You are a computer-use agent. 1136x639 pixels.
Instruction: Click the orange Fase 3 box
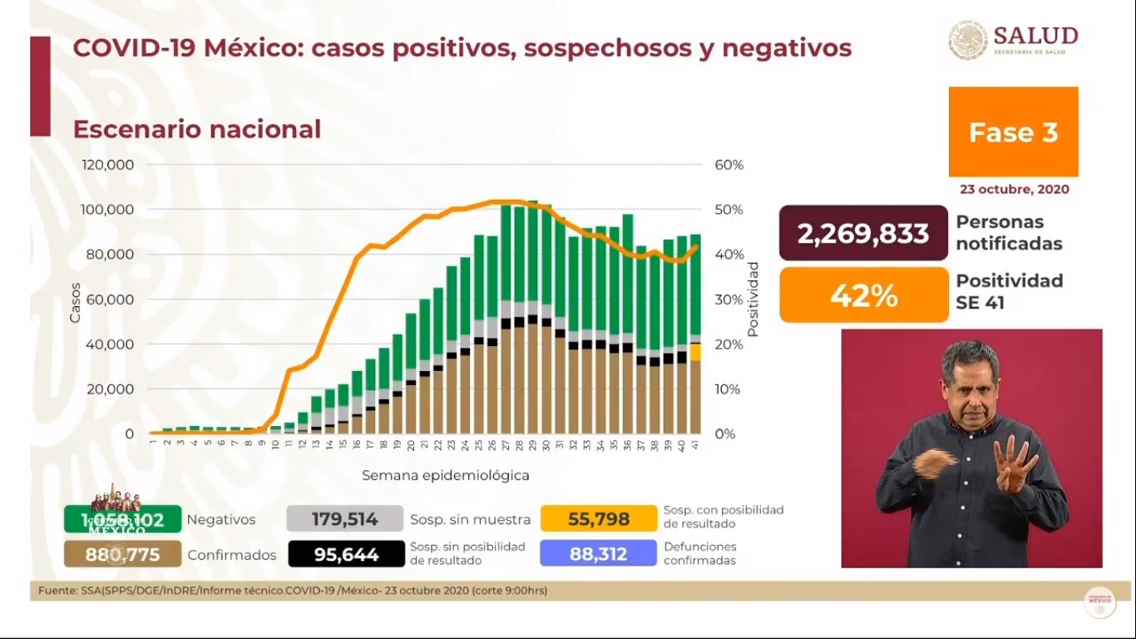[1013, 132]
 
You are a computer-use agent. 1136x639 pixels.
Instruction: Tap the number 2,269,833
[863, 234]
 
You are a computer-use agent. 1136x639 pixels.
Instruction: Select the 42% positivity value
[863, 295]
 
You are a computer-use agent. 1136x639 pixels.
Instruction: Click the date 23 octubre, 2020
[1014, 189]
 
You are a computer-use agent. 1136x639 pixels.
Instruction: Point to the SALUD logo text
[1035, 37]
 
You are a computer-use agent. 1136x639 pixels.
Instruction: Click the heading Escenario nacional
[197, 130]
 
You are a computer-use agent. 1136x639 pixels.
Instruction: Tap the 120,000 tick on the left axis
[108, 165]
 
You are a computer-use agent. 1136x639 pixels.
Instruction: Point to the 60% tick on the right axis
[729, 165]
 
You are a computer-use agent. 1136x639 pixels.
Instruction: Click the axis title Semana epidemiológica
[445, 476]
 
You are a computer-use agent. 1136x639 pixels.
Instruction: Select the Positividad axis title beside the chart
[753, 299]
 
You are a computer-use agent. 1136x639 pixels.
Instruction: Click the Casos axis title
[76, 303]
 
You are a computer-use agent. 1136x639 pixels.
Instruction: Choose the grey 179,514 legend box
[344, 519]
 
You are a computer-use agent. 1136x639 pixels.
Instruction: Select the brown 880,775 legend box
[122, 554]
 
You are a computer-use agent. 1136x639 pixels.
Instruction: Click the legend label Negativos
[221, 519]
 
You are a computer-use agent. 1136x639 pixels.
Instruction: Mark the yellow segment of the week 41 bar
[695, 352]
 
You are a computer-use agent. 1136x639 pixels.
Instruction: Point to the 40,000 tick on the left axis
[111, 344]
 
